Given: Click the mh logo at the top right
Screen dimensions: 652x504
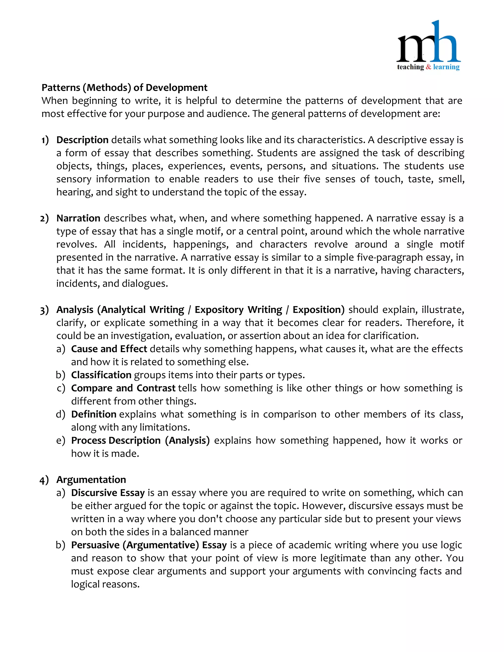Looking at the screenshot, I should point(428,45).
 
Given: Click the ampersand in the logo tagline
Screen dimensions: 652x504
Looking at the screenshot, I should point(428,67).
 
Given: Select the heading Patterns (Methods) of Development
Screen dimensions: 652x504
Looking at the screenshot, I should point(124,88).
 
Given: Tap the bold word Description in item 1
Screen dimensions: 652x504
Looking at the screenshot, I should point(82,140).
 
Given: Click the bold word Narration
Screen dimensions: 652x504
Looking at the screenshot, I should point(78,218).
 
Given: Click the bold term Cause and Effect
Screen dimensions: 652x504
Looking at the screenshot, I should point(109,349).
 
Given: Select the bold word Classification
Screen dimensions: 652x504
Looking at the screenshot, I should point(101,375).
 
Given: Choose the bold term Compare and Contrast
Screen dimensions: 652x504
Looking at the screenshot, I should point(123,388).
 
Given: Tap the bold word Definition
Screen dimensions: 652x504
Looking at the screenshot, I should point(94,414).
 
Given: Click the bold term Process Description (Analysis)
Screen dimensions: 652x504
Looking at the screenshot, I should point(140,441).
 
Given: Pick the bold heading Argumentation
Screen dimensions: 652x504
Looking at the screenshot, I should point(91,480).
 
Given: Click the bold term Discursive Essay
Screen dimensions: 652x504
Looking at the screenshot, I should point(108,493).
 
